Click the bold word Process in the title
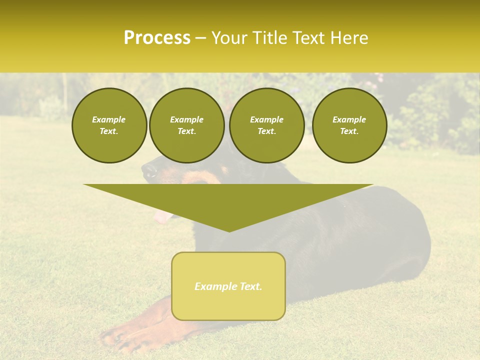157,38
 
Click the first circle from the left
109,125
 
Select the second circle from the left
186,125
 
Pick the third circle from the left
266,125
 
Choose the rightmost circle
349,125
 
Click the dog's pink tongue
161,216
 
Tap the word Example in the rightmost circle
349,119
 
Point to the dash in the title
200,38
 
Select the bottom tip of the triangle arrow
229,231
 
